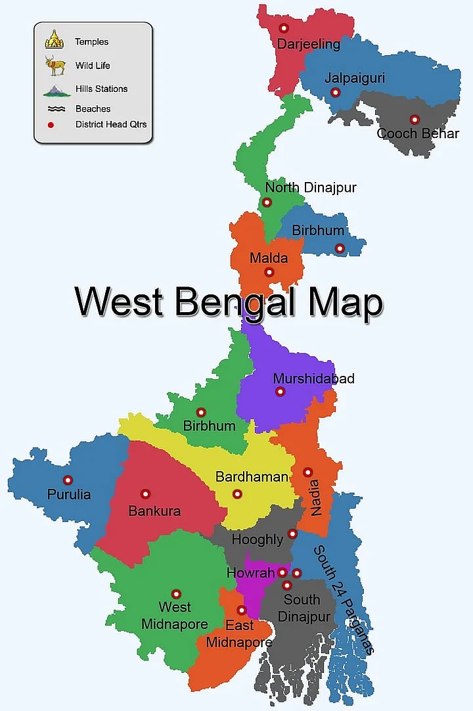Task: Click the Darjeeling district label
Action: coord(308,45)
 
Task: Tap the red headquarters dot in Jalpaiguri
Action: coord(336,93)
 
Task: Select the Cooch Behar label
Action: coord(418,133)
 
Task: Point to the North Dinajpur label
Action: coord(311,188)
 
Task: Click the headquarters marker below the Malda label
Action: coord(269,272)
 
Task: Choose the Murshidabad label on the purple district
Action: coord(313,378)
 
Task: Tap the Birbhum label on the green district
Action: coord(209,426)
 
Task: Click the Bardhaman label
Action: coord(252,477)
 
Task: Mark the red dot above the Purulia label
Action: coord(68,480)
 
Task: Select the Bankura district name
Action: coord(154,511)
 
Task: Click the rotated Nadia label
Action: coord(317,498)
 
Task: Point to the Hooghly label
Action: coord(258,539)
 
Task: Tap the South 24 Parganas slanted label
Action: coord(343,599)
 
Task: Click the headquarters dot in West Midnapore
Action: coord(176,594)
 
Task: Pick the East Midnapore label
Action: coord(239,633)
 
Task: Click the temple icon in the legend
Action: coord(54,40)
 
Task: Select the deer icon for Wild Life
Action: coord(55,66)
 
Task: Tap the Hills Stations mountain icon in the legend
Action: coord(56,89)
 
